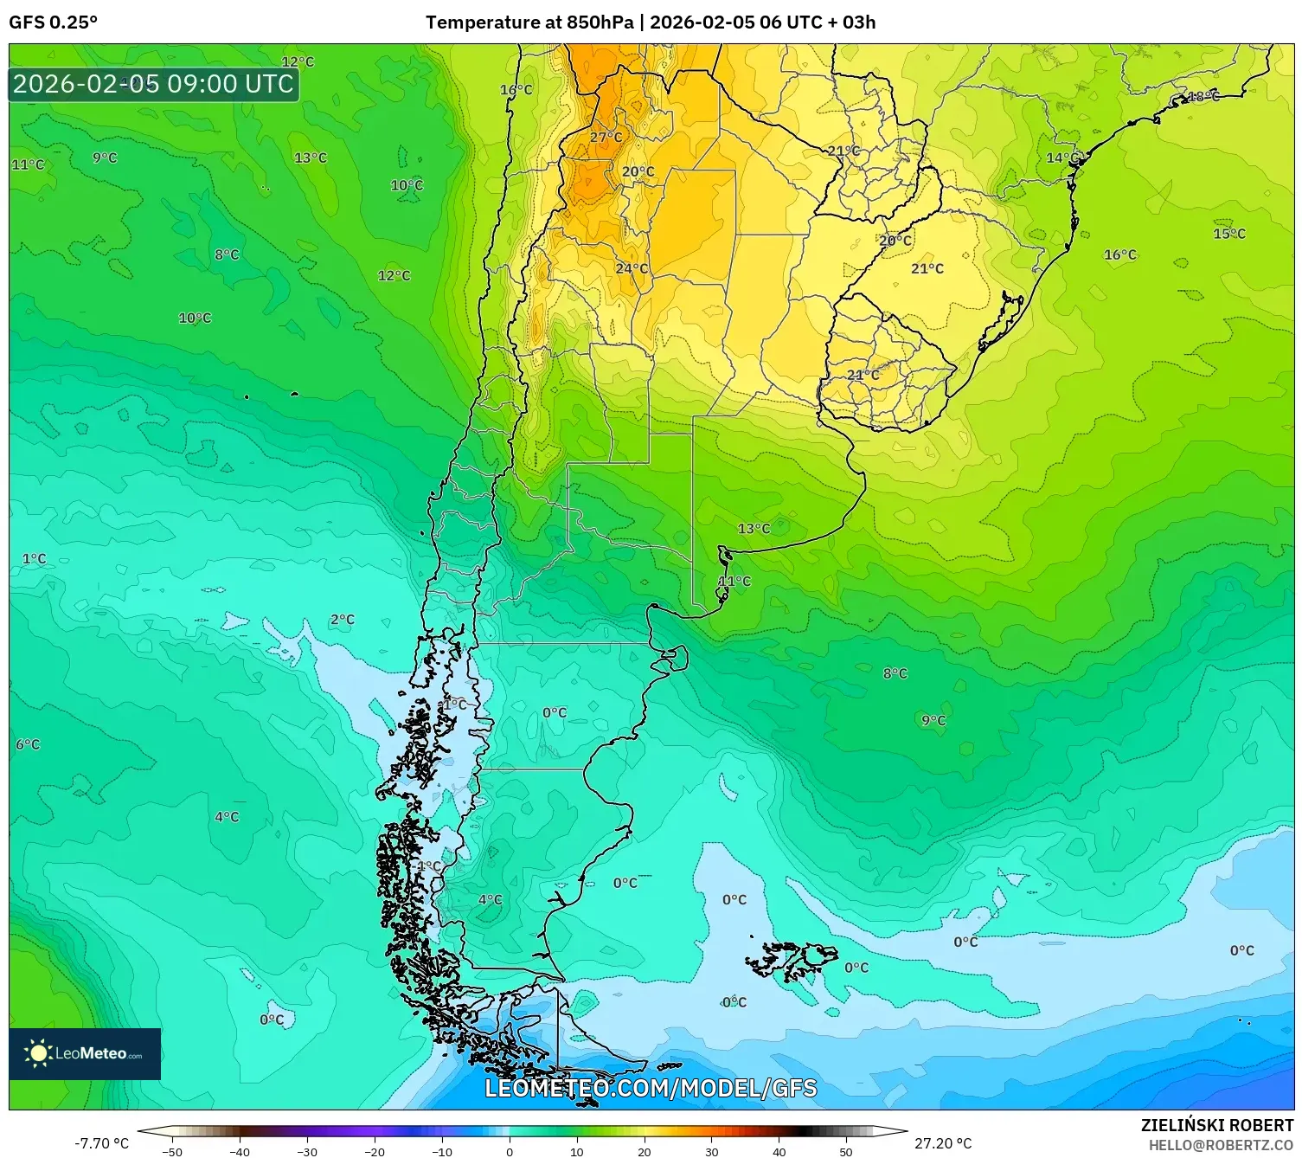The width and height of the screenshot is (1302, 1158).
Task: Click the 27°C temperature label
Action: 606,138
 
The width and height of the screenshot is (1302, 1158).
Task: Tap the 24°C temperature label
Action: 632,269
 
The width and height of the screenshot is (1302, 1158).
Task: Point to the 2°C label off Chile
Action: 343,620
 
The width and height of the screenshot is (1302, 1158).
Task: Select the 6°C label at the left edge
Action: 28,744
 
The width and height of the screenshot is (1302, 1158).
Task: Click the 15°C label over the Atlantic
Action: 1229,234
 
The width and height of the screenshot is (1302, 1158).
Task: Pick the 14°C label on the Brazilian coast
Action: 1063,158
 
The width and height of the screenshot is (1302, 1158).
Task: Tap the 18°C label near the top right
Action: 1203,97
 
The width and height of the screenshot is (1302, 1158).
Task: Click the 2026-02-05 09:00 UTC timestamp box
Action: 153,84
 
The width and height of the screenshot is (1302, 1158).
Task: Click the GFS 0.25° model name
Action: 53,23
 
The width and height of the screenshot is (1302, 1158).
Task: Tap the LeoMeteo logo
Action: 85,1053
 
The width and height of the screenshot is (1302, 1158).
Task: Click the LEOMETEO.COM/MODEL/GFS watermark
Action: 651,1088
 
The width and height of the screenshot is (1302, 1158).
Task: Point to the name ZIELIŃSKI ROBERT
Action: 1217,1125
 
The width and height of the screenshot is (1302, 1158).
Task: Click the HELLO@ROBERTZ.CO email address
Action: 1221,1145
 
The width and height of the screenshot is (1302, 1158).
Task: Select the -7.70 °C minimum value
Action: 101,1143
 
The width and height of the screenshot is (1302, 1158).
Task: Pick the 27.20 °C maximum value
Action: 943,1143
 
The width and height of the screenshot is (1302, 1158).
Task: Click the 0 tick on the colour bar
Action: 510,1151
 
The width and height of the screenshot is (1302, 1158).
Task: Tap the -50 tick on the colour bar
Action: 172,1151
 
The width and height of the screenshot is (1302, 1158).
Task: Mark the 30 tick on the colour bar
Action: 711,1151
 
